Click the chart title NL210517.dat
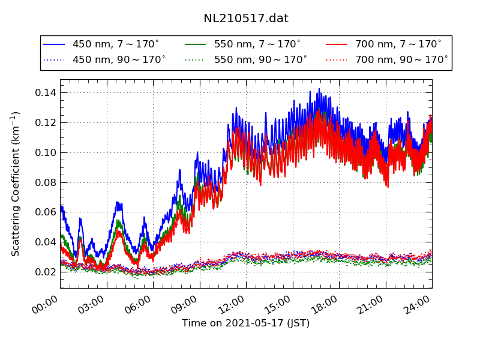(246, 19)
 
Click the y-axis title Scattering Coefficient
(16, 184)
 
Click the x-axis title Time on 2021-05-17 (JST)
(246, 323)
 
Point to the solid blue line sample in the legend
(55, 44)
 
